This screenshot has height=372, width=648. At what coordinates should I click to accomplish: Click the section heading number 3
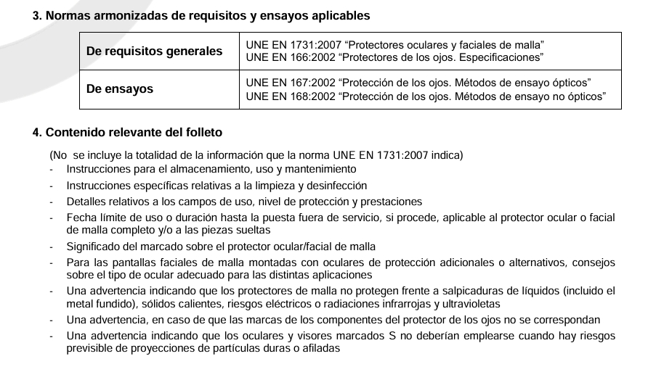pos(37,15)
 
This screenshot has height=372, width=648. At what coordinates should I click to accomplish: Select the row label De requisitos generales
pos(154,51)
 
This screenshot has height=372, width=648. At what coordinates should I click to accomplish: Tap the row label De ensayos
pos(120,89)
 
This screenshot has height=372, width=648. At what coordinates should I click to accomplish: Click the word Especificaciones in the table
pos(501,57)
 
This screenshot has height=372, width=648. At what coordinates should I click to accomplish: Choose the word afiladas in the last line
pos(319,348)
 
